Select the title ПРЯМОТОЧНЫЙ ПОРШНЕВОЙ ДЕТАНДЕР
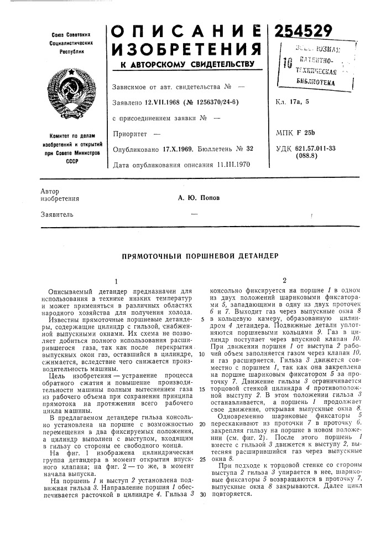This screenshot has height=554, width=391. [195, 257]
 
